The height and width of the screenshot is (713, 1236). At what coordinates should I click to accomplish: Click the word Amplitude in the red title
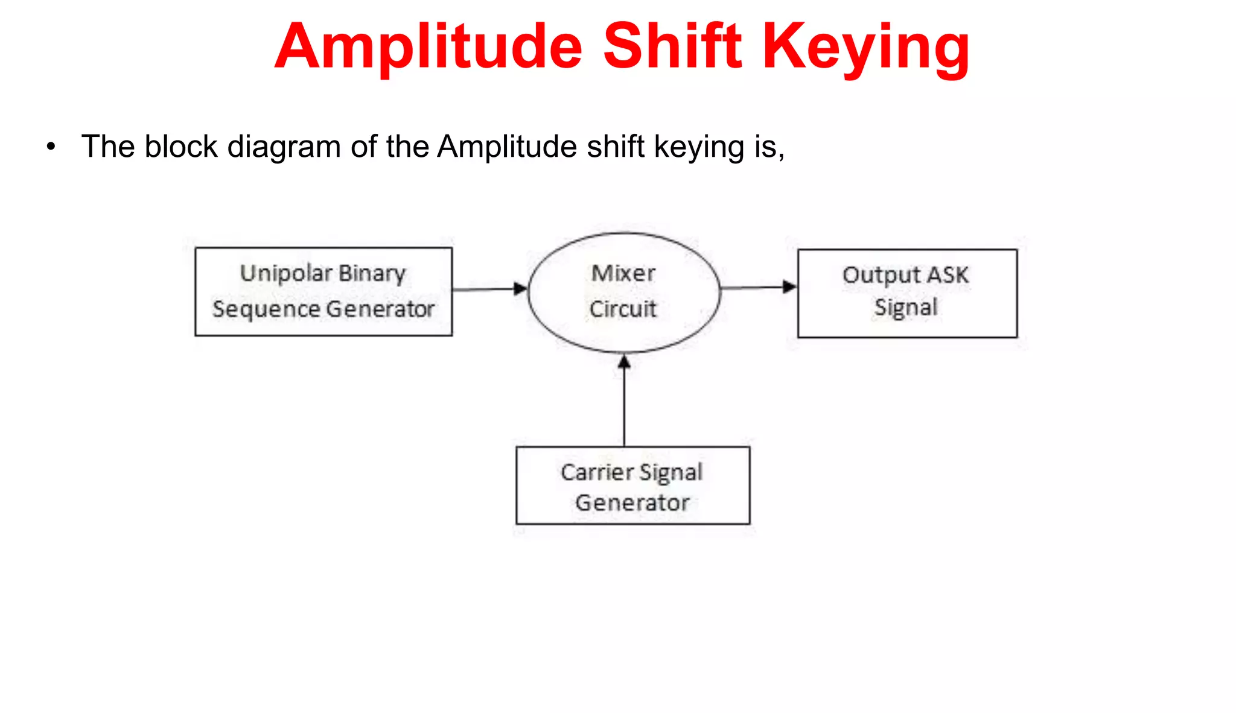pos(429,47)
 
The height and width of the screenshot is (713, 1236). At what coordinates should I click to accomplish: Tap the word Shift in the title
pos(672,47)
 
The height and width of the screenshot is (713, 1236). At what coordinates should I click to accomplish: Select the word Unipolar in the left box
pos(286,273)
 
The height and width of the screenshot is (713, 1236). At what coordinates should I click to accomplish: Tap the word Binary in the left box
pos(372,273)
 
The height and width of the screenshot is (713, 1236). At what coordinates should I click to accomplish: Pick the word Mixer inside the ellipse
pos(623,273)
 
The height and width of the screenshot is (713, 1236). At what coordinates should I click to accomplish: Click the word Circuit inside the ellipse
pos(623,309)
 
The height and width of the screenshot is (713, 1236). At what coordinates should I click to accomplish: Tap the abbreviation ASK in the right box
pos(948,275)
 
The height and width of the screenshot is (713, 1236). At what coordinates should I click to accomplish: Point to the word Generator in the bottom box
pos(632,502)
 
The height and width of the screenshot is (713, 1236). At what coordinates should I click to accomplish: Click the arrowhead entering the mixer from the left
pos(520,288)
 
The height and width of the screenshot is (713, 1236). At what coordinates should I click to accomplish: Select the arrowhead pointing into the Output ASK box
pos(789,287)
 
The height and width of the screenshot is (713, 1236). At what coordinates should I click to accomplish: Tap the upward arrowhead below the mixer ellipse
pos(625,362)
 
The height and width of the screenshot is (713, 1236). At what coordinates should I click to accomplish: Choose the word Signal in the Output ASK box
pos(906,307)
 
